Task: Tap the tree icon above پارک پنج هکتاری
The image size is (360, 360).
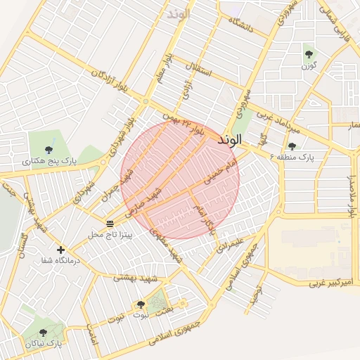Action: point(49,149)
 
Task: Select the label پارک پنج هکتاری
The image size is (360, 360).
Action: point(49,161)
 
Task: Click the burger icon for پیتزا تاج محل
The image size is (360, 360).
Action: point(110,223)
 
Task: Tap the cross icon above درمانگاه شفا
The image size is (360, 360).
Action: point(61,250)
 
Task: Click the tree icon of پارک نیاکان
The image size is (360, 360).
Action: point(44,333)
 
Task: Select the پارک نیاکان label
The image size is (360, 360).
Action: point(44,344)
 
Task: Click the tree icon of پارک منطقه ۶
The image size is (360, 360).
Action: point(292,146)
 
